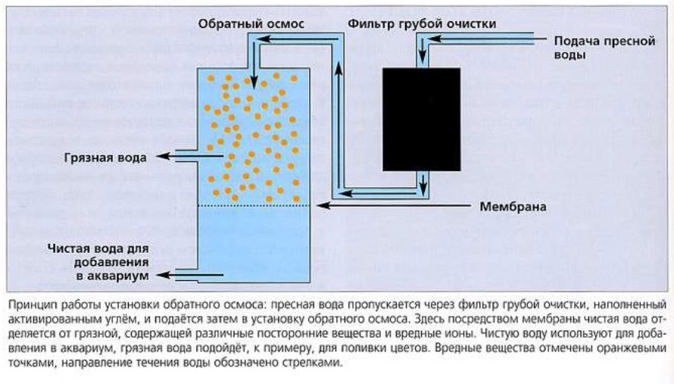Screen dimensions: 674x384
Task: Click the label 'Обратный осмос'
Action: tap(251, 23)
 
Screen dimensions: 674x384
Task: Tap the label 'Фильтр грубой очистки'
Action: tap(422, 23)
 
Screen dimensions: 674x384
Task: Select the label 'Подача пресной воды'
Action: tap(604, 48)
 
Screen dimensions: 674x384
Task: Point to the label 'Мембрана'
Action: tap(513, 207)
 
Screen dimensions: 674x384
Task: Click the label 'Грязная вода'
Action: tap(105, 158)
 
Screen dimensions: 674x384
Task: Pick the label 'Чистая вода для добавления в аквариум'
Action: tap(98, 262)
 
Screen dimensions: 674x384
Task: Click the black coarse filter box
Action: tap(421, 119)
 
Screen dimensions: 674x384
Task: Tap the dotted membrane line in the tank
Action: tap(254, 206)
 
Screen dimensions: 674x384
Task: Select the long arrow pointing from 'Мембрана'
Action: tap(395, 206)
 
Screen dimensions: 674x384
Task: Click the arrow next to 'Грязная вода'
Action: tap(189, 157)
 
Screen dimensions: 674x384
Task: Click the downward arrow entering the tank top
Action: tap(254, 65)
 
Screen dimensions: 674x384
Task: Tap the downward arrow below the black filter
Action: tap(423, 183)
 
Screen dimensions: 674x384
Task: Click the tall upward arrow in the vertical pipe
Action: tap(339, 126)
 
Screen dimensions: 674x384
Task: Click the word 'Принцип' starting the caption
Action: tap(27, 305)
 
